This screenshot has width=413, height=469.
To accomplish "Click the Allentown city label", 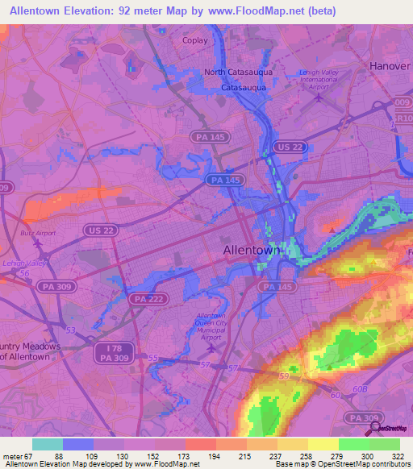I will click(x=251, y=251).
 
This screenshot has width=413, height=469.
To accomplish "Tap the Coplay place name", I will click(x=195, y=40).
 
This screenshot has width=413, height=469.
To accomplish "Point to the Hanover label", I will click(x=390, y=65).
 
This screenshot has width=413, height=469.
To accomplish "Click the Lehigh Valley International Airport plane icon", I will click(x=320, y=100).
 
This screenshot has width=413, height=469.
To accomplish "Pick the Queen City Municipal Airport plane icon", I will click(x=212, y=350).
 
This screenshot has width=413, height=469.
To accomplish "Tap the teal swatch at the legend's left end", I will click(x=47, y=444).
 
